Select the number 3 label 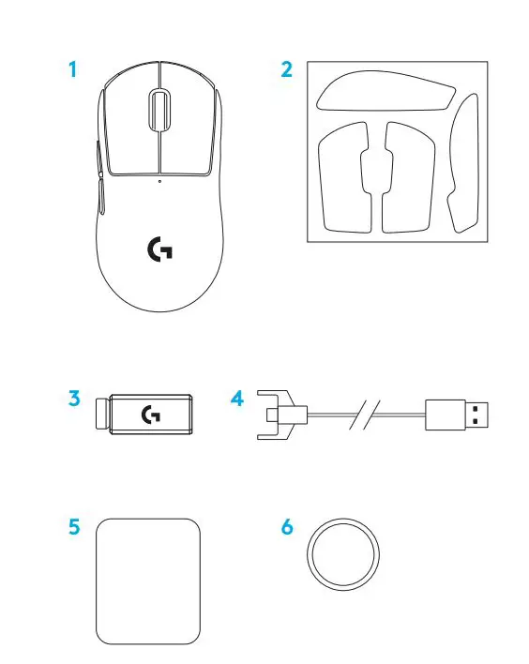pos(73,398)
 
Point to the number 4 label pos(236,398)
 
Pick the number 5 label pos(73,527)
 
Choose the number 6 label pos(287,527)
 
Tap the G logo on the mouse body pos(160,249)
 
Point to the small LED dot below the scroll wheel pos(159,181)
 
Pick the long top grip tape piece pos(385,92)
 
